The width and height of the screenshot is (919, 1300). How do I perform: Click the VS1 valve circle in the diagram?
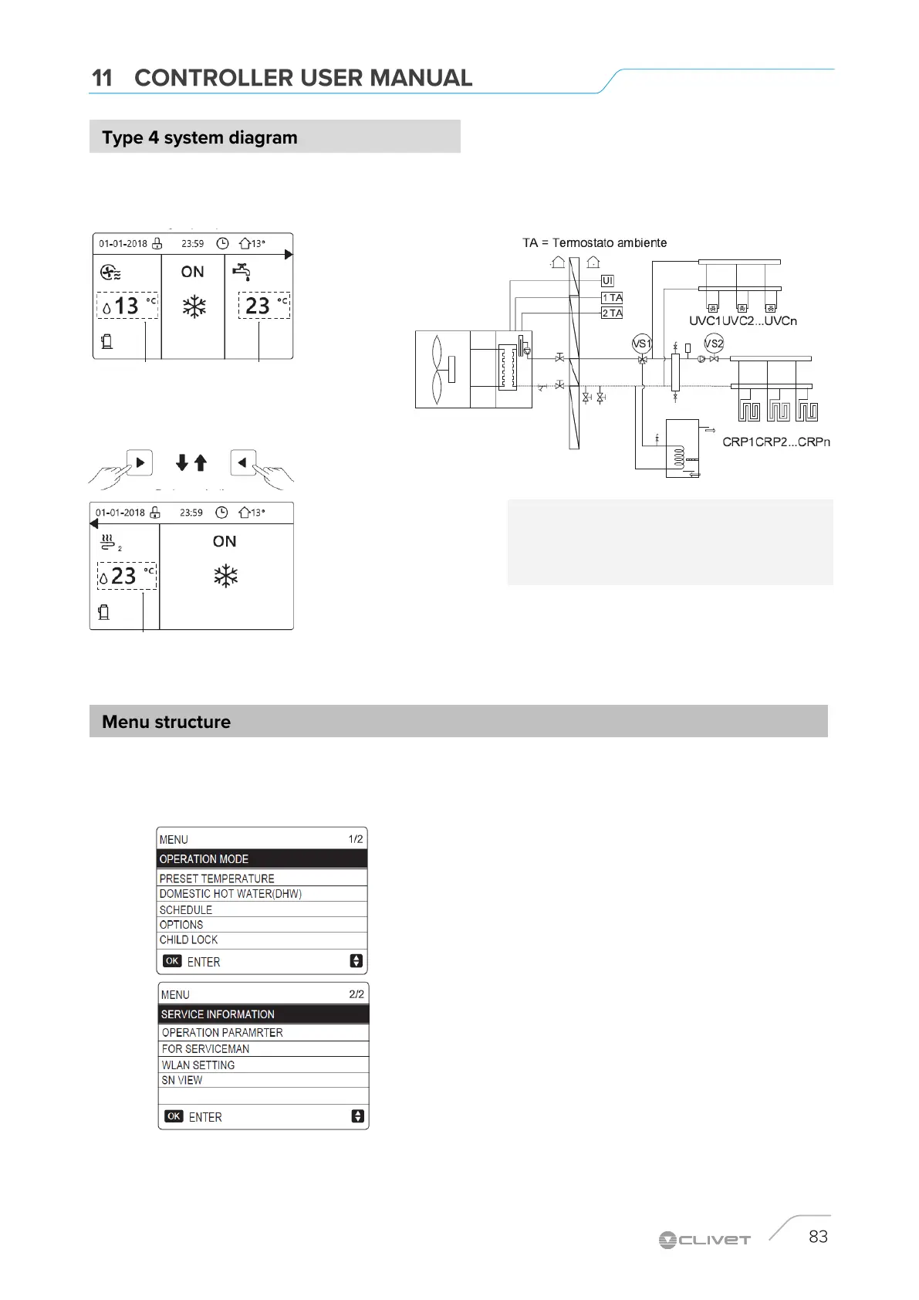[x=641, y=344]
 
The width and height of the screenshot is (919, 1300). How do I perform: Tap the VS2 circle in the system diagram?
[x=714, y=344]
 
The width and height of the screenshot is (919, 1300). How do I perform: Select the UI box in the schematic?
[x=607, y=281]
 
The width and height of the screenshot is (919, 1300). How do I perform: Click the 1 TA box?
[x=612, y=297]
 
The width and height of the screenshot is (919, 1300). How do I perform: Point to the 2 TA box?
[x=612, y=313]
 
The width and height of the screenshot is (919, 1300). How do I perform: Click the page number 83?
[x=818, y=1237]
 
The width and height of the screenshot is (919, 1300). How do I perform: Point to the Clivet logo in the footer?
[x=704, y=1240]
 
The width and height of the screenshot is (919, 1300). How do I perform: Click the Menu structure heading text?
[x=166, y=722]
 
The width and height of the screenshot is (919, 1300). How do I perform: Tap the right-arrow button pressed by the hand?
[x=140, y=462]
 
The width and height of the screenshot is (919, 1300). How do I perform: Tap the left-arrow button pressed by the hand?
[x=243, y=462]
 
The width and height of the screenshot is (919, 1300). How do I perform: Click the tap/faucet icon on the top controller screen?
[x=242, y=272]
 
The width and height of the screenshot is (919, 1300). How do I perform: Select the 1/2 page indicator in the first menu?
[x=355, y=839]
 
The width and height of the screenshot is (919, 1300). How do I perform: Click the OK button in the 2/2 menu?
[x=174, y=1116]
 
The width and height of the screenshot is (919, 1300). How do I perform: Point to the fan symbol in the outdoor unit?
[x=438, y=369]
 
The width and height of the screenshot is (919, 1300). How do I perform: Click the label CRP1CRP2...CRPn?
[x=776, y=442]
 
